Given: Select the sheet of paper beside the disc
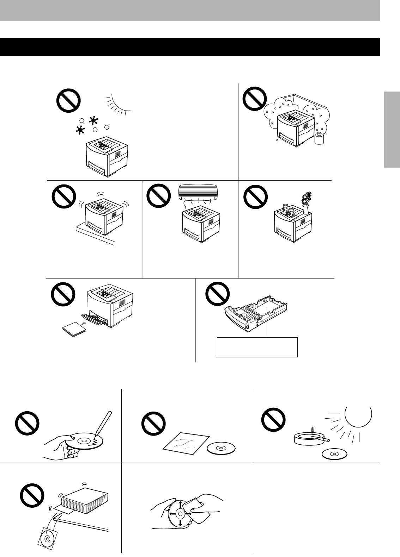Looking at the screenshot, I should pos(183,444).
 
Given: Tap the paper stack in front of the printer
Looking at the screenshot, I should pos(74,331).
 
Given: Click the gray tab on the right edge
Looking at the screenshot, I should pos(392,130).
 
